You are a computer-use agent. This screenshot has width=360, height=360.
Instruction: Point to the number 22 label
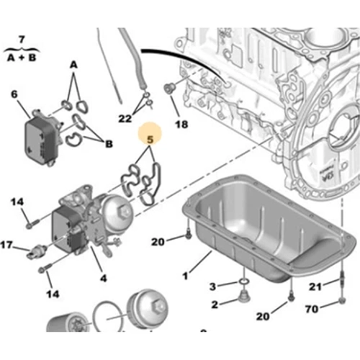click(126, 118)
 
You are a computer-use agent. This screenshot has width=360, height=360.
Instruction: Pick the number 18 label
click(181, 125)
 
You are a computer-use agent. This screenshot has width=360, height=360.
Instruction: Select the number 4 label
click(103, 276)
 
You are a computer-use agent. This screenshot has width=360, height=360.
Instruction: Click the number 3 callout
click(212, 287)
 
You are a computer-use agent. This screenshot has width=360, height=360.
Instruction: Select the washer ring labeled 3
click(243, 282)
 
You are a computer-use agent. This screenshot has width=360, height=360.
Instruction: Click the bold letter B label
click(109, 144)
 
